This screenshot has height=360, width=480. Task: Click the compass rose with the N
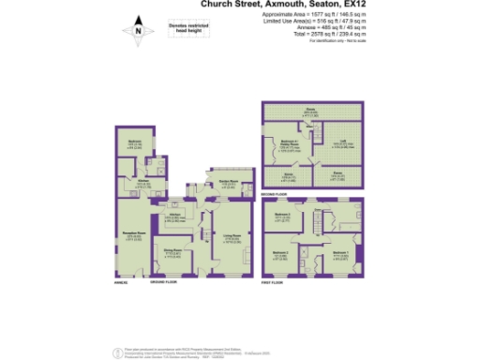139,31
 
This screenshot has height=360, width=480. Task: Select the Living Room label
230,237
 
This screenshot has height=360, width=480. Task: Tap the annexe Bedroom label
134,143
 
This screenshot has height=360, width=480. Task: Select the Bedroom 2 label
282,253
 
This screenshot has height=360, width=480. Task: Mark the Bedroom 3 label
282,215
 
